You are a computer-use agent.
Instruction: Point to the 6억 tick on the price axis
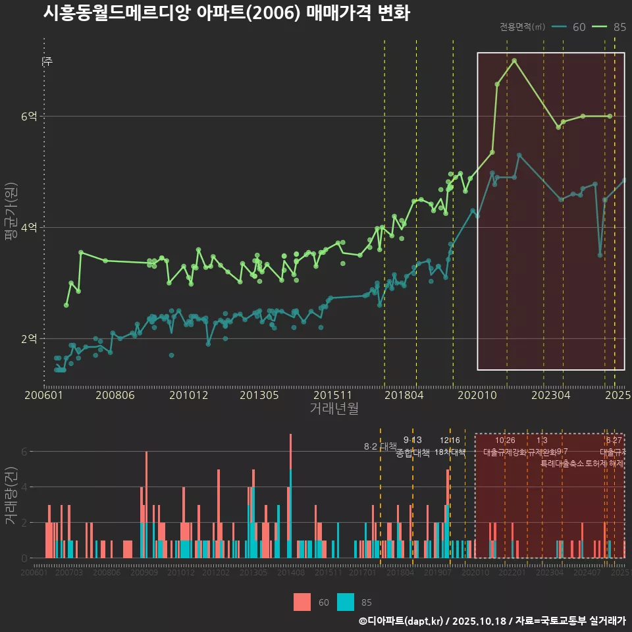(29, 116)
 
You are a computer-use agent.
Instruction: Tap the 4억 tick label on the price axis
(29, 227)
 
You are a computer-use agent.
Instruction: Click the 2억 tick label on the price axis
(29, 338)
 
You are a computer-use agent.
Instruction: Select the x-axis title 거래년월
(334, 409)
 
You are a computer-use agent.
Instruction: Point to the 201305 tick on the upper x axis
(259, 396)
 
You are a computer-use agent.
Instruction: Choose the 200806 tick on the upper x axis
(115, 396)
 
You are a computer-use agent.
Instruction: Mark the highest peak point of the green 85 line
(514, 61)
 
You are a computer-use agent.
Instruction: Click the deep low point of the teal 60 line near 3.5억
(600, 255)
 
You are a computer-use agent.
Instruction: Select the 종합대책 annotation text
(412, 452)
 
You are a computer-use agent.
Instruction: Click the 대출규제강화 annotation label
(505, 452)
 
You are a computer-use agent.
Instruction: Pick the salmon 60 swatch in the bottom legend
(302, 602)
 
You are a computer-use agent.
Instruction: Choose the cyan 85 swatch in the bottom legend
(346, 602)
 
